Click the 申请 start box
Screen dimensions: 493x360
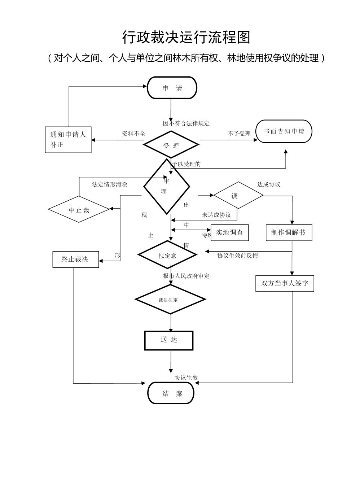(x=172, y=88)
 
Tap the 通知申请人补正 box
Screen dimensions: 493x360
(x=68, y=140)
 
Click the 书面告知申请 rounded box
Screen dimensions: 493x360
(x=284, y=131)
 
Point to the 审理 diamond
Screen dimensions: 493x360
(x=166, y=187)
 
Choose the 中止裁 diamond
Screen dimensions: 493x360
(x=79, y=209)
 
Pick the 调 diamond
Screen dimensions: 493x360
(x=238, y=195)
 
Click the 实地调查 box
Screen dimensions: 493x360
(x=230, y=233)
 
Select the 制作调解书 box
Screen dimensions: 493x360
(x=289, y=233)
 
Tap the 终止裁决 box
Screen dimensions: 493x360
(x=75, y=259)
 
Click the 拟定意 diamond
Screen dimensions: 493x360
(x=167, y=255)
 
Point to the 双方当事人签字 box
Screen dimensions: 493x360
(x=285, y=283)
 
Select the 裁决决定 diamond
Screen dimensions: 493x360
(x=170, y=299)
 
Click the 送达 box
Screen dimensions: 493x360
(x=169, y=340)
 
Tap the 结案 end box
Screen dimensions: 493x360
(x=171, y=393)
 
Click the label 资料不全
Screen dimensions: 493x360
(x=133, y=134)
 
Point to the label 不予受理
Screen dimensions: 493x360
(x=239, y=134)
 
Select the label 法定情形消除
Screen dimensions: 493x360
(x=109, y=184)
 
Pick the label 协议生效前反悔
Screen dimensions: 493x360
(x=237, y=256)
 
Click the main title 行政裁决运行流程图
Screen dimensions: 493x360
(x=186, y=37)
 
